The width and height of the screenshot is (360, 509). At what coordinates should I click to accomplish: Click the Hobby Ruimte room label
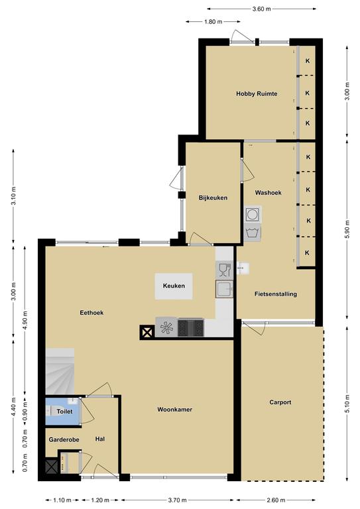tap(257, 94)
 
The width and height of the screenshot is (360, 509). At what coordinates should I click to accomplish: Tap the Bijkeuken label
tap(213, 198)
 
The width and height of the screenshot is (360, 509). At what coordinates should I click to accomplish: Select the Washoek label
tap(268, 192)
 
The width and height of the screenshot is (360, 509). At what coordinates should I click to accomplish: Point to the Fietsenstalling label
tap(276, 294)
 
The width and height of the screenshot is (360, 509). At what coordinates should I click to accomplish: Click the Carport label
tap(280, 402)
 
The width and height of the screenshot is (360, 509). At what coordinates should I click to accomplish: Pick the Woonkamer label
tap(174, 410)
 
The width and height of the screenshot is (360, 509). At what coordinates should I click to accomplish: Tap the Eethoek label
tap(91, 313)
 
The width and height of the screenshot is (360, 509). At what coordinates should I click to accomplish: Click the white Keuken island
tap(174, 286)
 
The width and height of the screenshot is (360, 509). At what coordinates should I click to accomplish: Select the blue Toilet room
tap(62, 411)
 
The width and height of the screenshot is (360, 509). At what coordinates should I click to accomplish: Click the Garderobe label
tap(64, 439)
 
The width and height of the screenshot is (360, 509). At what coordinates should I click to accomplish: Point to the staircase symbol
tap(60, 371)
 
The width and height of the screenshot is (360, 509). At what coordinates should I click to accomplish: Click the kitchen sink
tap(224, 289)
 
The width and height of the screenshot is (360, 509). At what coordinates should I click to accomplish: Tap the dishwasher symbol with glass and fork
tap(224, 270)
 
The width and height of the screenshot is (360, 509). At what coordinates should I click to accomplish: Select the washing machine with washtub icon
tap(252, 233)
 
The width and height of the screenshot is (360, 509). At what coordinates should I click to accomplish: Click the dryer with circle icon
tap(252, 214)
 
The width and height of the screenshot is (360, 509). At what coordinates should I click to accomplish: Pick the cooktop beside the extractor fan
tap(191, 327)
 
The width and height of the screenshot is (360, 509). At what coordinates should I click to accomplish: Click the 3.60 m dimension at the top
tap(262, 9)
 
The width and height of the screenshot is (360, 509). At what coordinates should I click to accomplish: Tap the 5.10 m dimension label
tap(347, 404)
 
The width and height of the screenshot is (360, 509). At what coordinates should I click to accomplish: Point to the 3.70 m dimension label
tap(177, 500)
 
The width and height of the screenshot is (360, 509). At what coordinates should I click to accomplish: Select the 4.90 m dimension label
tap(25, 320)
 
